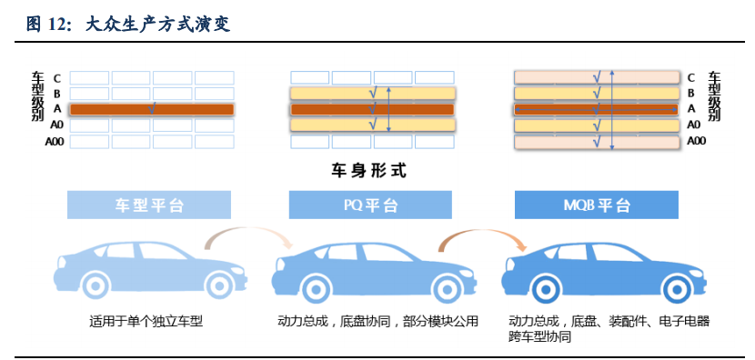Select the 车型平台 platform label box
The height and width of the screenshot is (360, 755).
click(149, 205)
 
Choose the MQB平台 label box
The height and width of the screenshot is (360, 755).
click(596, 205)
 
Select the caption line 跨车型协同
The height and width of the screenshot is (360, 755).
click(540, 336)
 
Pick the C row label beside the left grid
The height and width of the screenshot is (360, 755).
click(56, 78)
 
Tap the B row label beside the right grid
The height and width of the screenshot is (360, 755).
click(691, 93)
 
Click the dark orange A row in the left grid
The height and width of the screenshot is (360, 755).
click(152, 109)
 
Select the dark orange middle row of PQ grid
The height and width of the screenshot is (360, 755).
click(371, 109)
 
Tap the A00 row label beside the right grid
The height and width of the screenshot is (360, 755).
click(696, 141)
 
